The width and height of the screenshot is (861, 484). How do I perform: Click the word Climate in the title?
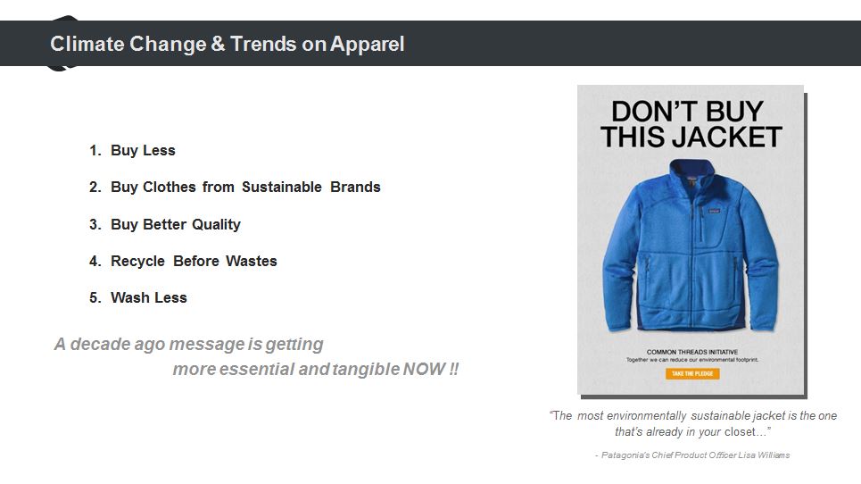click(87, 44)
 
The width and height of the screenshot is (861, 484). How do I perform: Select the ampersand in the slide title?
click(218, 44)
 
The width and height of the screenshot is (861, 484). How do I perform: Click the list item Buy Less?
click(143, 151)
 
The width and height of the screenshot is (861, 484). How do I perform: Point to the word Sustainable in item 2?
click(282, 188)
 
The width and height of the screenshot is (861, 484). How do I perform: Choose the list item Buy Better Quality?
click(176, 225)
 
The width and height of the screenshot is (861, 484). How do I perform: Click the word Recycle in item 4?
click(137, 261)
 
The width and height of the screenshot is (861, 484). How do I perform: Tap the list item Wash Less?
click(149, 297)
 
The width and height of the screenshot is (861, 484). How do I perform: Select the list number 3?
click(95, 225)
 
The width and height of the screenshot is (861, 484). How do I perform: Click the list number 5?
click(95, 297)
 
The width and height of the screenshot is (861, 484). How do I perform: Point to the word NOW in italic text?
click(424, 369)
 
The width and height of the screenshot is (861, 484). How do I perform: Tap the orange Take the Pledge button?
click(692, 373)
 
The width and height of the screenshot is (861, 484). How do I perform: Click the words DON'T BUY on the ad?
click(688, 112)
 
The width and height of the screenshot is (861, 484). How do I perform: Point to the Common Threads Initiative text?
click(691, 352)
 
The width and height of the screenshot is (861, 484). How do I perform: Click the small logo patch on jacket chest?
click(713, 211)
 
